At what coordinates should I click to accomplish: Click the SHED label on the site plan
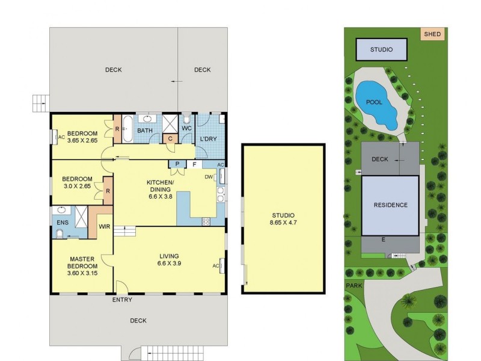pyautogui.click(x=432, y=34)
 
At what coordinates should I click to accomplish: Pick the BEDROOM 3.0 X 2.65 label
pyautogui.click(x=78, y=183)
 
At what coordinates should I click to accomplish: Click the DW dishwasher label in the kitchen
pyautogui.click(x=209, y=177)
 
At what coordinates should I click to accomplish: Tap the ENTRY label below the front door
pyautogui.click(x=122, y=300)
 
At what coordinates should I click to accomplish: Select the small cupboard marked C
pyautogui.click(x=170, y=138)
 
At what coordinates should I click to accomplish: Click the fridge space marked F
pyautogui.click(x=194, y=164)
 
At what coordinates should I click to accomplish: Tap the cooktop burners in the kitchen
pyautogui.click(x=206, y=221)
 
